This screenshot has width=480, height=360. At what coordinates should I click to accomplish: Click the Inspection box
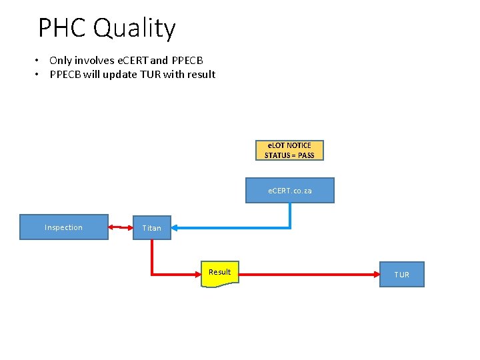tap(63, 227)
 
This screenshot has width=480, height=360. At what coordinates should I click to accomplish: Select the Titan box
tap(152, 228)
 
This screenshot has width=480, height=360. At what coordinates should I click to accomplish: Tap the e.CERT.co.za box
tap(290, 191)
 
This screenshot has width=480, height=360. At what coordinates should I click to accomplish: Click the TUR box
tap(401, 275)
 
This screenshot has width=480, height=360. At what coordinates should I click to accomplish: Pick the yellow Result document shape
tap(219, 273)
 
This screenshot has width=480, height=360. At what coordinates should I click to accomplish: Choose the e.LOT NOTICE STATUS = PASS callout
tap(289, 151)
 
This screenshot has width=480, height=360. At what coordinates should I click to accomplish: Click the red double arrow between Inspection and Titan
tap(121, 227)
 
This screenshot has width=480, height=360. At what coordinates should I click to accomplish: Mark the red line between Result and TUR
tap(307, 273)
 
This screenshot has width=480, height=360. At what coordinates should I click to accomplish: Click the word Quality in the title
tap(135, 28)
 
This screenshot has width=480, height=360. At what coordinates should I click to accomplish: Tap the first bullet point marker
tap(39, 61)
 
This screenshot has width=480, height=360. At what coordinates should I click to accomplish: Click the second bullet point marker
tap(39, 75)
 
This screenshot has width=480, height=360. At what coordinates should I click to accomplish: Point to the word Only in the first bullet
tap(61, 61)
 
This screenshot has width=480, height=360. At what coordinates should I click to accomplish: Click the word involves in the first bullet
tap(94, 61)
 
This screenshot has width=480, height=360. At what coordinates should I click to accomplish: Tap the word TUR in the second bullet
tap(149, 75)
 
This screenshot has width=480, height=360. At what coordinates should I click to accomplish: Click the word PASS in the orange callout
tap(307, 155)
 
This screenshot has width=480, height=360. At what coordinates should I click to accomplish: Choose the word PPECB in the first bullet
tap(187, 61)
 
